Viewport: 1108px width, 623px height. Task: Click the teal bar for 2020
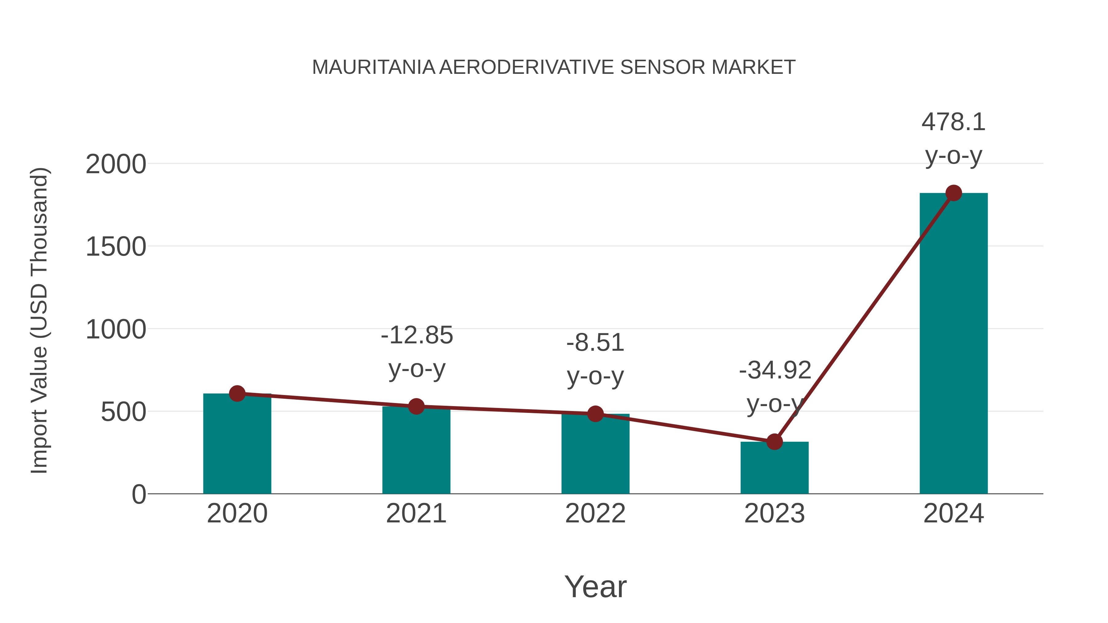point(237,447)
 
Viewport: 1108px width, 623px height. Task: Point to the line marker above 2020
point(237,393)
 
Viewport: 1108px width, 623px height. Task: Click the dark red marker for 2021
point(416,406)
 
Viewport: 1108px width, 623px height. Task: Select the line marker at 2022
point(595,413)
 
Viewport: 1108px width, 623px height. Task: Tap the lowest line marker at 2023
point(774,441)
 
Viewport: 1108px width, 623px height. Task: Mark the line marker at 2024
point(953,193)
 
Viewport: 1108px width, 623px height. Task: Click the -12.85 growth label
point(417,335)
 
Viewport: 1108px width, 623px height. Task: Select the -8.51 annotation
point(595,343)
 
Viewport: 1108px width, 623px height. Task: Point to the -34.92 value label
point(775,370)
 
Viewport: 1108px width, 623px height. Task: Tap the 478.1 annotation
point(953,122)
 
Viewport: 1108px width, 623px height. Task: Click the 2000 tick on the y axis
point(116,164)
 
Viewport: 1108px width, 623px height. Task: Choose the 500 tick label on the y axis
point(123,412)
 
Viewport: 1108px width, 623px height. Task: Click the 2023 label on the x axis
point(774,513)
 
